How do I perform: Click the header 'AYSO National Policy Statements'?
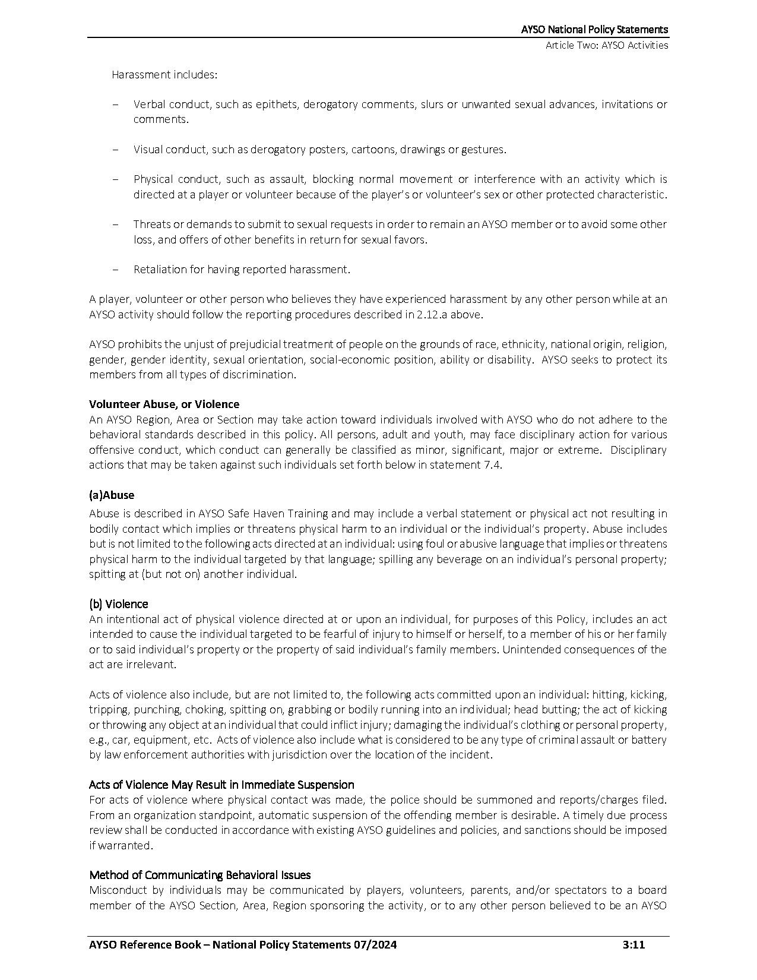pos(594,29)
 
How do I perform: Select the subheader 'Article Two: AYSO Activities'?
pos(607,45)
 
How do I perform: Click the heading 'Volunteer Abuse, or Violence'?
pos(164,404)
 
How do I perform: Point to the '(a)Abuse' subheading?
pos(112,495)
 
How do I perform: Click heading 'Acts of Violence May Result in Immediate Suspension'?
pos(221,785)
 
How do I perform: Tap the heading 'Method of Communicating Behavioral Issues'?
pos(200,875)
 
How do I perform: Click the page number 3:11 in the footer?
pos(634,945)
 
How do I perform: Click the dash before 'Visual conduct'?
pos(115,150)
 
